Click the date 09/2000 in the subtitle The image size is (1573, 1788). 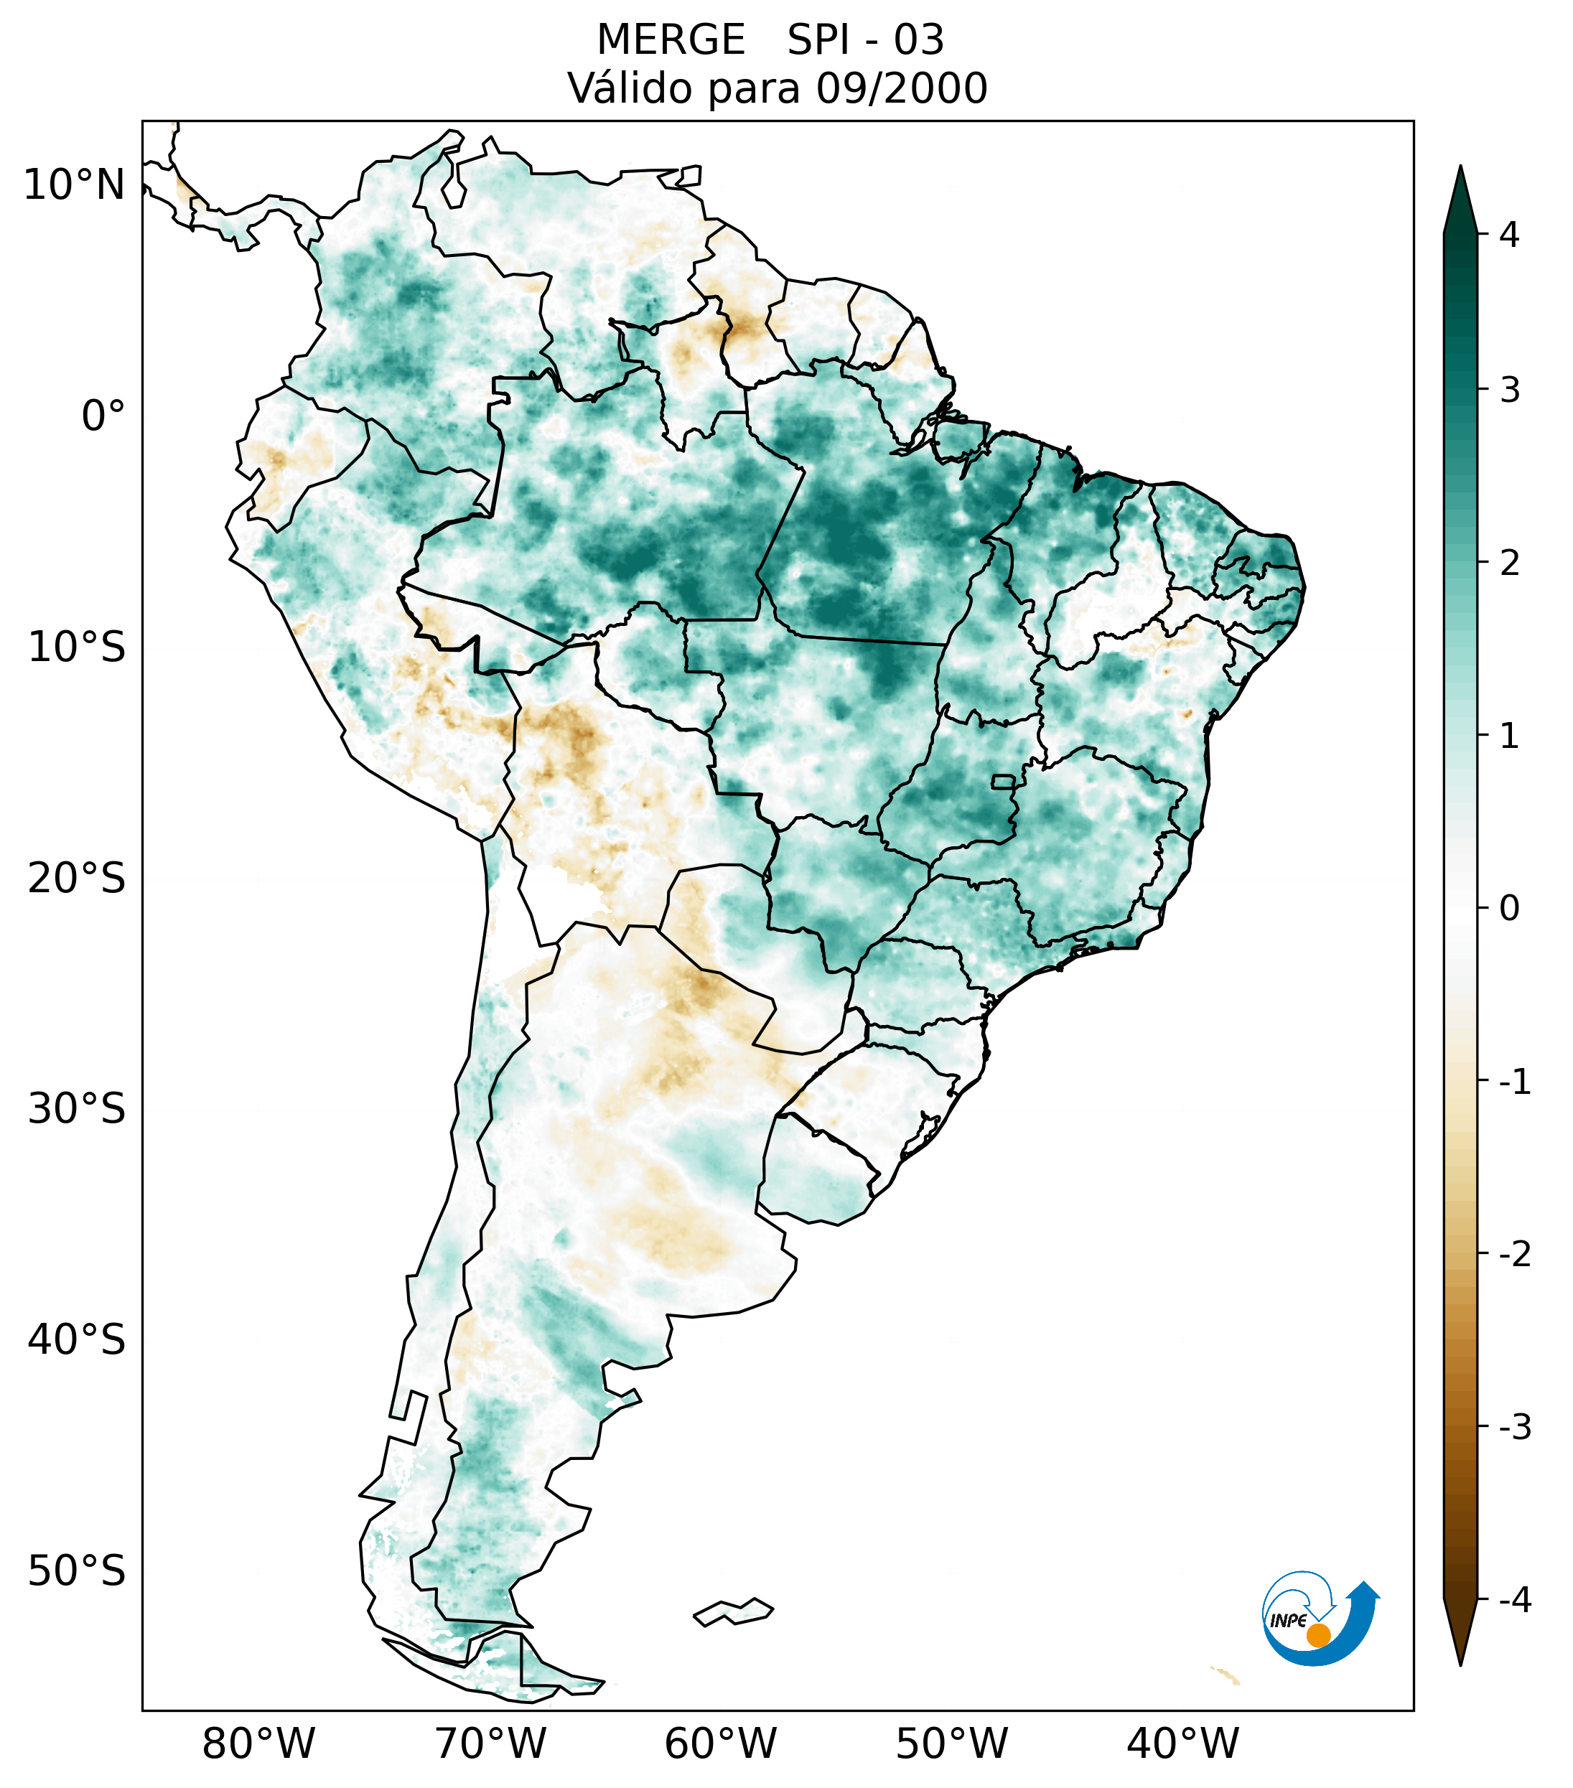tap(901, 88)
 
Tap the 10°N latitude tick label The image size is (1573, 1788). tap(75, 185)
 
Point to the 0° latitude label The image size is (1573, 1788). tap(103, 416)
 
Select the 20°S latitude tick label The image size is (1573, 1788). tap(77, 879)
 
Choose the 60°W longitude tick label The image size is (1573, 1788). tap(720, 1743)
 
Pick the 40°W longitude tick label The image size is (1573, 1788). tap(1183, 1743)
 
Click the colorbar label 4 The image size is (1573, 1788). tap(1508, 235)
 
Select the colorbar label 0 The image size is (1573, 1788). tap(1508, 909)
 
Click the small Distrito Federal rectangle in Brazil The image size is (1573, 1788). tap(1004, 780)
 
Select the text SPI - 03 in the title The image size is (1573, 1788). tap(865, 40)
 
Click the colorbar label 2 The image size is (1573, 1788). tap(1508, 563)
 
